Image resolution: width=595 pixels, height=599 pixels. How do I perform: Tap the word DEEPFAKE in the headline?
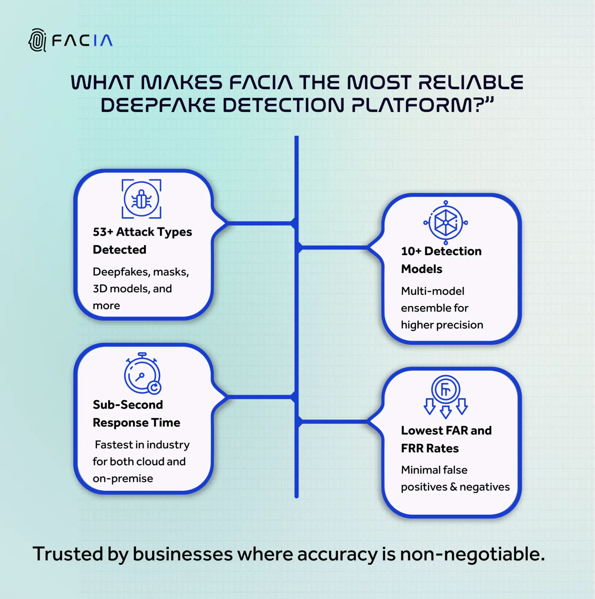pyautogui.click(x=158, y=105)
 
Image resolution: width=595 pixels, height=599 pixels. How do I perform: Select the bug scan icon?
pyautogui.click(x=141, y=199)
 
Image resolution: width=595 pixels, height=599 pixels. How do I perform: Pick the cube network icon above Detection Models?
pyautogui.click(x=445, y=222)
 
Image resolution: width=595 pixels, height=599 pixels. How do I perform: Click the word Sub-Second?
pyautogui.click(x=128, y=405)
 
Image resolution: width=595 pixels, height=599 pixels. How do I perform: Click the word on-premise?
pyautogui.click(x=123, y=479)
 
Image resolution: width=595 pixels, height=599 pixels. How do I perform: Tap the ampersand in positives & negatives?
pyautogui.click(x=454, y=487)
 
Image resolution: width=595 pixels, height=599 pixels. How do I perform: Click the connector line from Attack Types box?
pyautogui.click(x=260, y=223)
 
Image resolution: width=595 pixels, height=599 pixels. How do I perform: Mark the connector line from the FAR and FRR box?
pyautogui.click(x=334, y=422)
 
